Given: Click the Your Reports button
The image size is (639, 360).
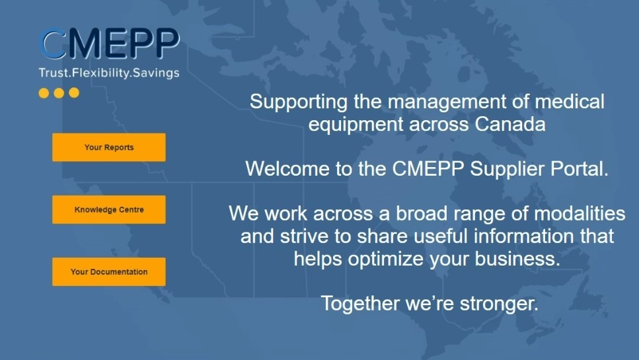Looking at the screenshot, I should click(109, 147).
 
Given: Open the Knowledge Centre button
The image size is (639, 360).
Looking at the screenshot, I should click(109, 209).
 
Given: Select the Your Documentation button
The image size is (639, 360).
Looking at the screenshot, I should click(109, 271).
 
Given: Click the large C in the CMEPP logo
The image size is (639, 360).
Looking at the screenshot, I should click(53, 44).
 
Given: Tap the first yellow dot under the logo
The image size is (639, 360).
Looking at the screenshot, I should click(44, 93).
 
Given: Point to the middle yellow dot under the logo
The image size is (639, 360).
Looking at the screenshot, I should click(59, 93).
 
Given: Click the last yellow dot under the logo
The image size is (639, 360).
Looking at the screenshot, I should click(74, 93).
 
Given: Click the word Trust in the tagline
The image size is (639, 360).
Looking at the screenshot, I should click(52, 73).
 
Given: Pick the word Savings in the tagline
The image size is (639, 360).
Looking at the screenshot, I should click(157, 73).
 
